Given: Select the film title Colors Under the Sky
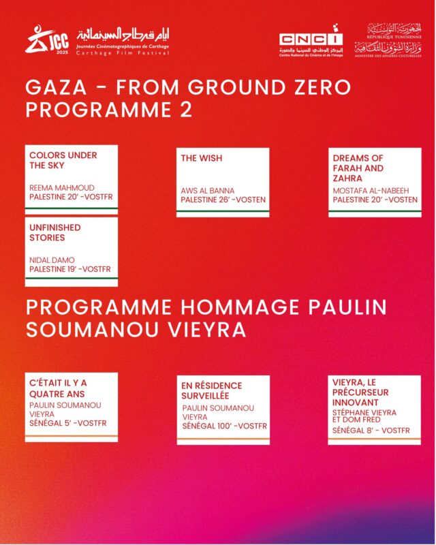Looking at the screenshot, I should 63,160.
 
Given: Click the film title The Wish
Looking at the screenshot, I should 202,158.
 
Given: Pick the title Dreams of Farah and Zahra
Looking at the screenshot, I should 358,168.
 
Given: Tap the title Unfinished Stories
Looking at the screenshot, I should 55,232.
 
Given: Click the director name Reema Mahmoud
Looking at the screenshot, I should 62,187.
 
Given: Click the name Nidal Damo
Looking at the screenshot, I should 52,260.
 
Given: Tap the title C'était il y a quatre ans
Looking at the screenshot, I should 58,388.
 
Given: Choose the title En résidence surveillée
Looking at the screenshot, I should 211,390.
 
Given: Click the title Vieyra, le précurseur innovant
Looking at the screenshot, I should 361,392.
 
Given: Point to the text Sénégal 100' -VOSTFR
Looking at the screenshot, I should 224,426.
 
